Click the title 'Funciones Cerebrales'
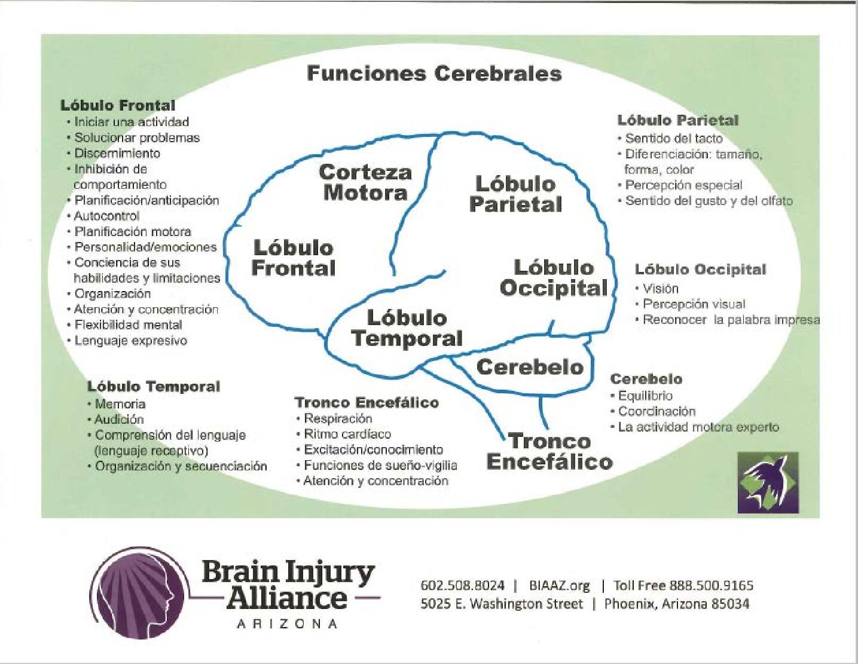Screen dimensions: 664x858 point(434,74)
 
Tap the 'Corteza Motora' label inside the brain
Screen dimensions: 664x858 point(365,182)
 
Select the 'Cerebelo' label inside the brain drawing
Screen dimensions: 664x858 point(529,367)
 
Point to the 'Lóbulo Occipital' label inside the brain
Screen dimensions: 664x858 point(554,278)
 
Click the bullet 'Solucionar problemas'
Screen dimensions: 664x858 point(137,137)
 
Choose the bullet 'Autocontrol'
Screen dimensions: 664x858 point(106,216)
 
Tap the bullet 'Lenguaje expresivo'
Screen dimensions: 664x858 point(130,341)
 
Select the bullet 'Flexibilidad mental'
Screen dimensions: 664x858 point(128,325)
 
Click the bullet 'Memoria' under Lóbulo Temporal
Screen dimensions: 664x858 point(120,404)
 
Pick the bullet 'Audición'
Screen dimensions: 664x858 point(119,420)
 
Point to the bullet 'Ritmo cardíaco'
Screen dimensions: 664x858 point(347,434)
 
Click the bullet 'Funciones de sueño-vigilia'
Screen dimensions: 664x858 point(380,466)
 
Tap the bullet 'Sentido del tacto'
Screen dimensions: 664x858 point(674,139)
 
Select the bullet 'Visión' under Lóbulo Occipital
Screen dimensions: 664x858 point(661,289)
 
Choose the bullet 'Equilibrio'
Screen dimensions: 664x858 point(645,396)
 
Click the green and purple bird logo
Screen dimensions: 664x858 point(768,482)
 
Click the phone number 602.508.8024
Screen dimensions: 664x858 point(462,586)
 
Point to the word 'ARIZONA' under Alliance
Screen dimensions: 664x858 point(287,624)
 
